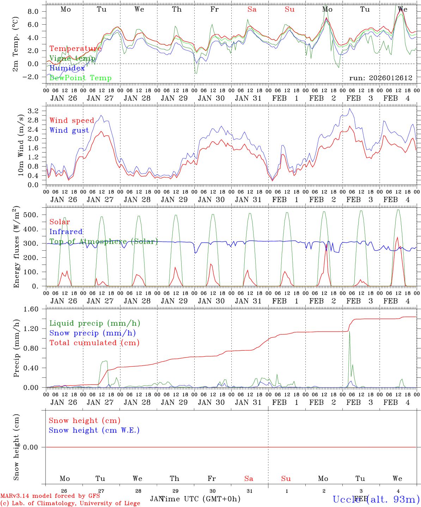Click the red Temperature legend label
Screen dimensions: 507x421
[x=75, y=49]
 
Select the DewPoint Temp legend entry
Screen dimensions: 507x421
[x=80, y=78]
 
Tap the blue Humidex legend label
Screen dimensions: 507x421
[x=67, y=68]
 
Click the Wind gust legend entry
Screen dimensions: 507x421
[x=69, y=130]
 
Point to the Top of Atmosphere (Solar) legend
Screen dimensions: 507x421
[x=103, y=242]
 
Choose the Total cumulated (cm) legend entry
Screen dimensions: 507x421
[x=94, y=343]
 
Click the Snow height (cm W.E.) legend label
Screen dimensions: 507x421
[x=94, y=430]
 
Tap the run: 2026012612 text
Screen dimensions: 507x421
[x=380, y=78]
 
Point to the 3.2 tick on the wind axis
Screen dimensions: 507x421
[x=35, y=111]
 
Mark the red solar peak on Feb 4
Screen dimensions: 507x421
[x=397, y=238]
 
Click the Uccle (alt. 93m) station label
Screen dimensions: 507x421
[x=376, y=499]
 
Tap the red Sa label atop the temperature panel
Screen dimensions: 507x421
[x=252, y=10]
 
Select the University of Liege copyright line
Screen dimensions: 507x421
[x=70, y=503]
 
